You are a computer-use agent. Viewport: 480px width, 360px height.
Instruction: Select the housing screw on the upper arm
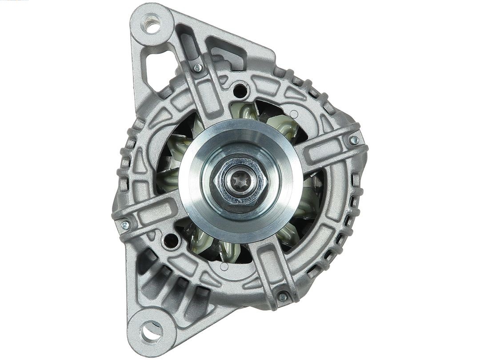tap(197, 68)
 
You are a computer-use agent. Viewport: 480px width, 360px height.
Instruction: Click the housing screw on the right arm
tap(354, 140)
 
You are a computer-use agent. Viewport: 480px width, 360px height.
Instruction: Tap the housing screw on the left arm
tap(125, 225)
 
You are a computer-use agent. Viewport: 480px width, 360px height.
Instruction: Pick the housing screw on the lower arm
tap(282, 296)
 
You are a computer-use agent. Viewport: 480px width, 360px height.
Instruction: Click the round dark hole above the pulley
tap(240, 91)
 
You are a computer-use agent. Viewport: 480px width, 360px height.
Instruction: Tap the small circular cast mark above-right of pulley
tap(293, 114)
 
